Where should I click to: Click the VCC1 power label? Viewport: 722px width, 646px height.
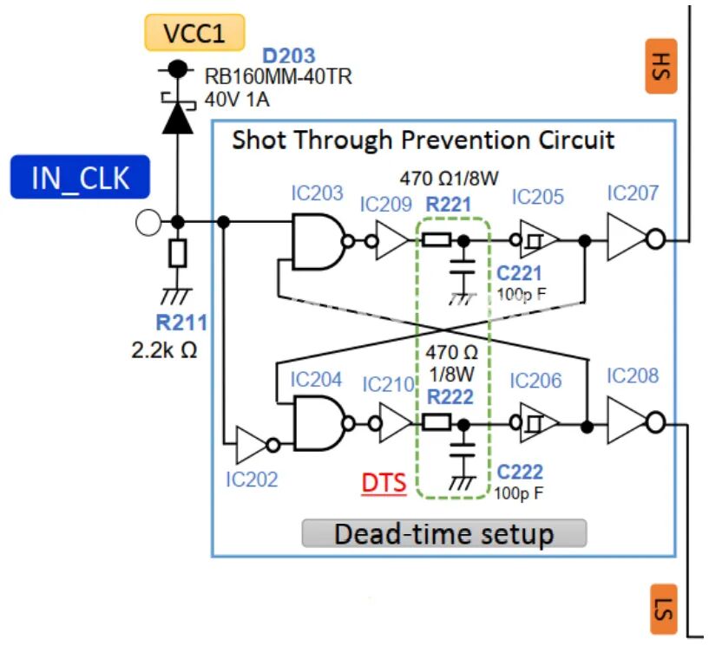point(194,33)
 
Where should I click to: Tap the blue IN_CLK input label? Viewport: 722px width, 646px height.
point(80,177)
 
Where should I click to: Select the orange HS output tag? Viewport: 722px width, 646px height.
point(661,66)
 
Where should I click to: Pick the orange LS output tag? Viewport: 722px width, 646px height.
point(664,610)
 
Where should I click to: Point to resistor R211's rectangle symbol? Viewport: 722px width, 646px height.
point(178,253)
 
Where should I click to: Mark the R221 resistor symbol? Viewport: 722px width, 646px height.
point(436,240)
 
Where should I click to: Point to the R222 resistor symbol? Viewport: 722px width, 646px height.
point(436,422)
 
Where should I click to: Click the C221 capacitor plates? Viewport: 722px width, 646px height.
point(463,267)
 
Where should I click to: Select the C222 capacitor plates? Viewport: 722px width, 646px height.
point(463,450)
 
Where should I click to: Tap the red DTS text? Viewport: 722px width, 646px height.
point(384,483)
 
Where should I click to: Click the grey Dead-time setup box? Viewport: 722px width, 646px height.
point(444,534)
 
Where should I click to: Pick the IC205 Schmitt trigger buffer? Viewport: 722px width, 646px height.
point(535,239)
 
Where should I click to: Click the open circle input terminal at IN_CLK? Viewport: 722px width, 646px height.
point(148,223)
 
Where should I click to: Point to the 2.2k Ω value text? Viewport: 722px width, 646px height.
point(164,350)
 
